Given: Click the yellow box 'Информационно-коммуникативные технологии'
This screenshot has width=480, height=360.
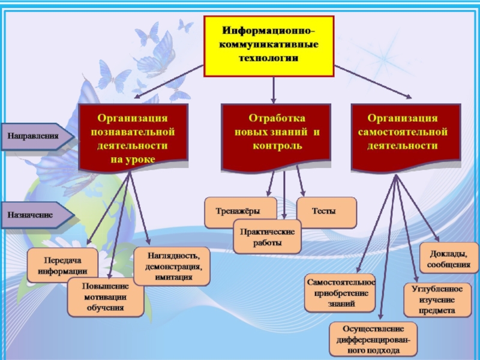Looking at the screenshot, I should pos(269,46).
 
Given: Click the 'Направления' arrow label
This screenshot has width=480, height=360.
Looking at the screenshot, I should pos(35,137).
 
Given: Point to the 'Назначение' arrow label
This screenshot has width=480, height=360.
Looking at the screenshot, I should pos(33,214).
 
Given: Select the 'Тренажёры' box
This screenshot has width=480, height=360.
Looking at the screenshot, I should pos(240,212).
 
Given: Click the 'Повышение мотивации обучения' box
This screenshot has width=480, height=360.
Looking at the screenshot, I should pos(106,297).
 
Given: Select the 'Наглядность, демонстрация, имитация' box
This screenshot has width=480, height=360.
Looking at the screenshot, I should pos(172,266).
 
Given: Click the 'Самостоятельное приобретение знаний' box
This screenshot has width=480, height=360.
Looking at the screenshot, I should pos(341,293).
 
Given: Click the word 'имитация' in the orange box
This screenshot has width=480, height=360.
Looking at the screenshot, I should pos(172,277).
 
